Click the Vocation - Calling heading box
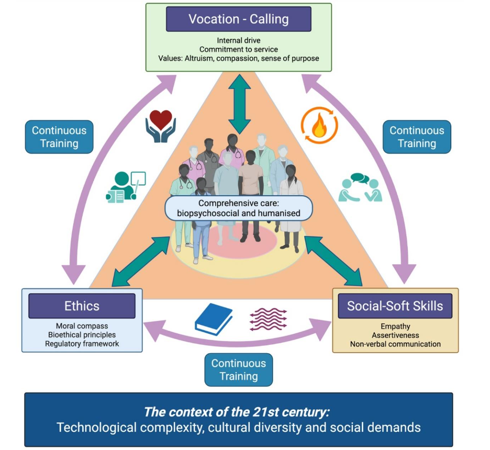pyautogui.click(x=238, y=19)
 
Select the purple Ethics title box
pyautogui.click(x=82, y=306)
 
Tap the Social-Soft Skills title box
pyautogui.click(x=395, y=306)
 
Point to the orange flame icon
pyautogui.click(x=319, y=125)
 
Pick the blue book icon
pyautogui.click(x=213, y=319)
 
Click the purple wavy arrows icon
pyautogui.click(x=269, y=320)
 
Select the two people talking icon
pyautogui.click(x=360, y=187)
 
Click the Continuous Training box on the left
pyautogui.click(x=59, y=137)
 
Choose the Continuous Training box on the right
pyautogui.click(x=417, y=137)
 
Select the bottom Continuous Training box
pyautogui.click(x=238, y=369)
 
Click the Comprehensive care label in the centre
pyautogui.click(x=238, y=208)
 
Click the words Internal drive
pyautogui.click(x=238, y=40)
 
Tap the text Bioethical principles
pyautogui.click(x=82, y=335)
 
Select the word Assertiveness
pyautogui.click(x=395, y=335)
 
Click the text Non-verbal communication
pyautogui.click(x=395, y=344)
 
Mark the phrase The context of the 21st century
pyautogui.click(x=237, y=411)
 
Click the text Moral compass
pyautogui.click(x=82, y=326)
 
